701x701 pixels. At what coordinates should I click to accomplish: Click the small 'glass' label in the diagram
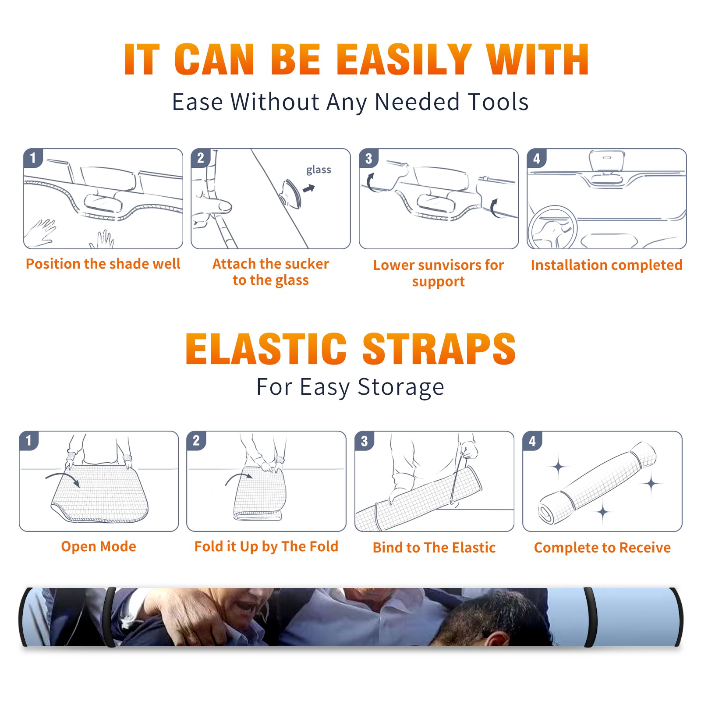pos(319,170)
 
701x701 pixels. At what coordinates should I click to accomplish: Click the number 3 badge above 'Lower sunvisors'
pos(369,158)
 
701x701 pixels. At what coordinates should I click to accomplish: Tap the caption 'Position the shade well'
pos(103,264)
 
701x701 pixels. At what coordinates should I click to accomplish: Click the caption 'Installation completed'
pos(606,265)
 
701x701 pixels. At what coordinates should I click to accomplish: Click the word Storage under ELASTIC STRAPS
pos(401,387)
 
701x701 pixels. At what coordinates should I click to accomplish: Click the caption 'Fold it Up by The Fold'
pos(266,546)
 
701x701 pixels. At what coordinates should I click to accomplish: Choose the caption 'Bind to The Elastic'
pos(434,547)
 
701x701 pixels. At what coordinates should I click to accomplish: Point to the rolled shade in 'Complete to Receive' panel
pos(597,483)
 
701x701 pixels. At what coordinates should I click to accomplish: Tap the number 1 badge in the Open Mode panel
pos(29,441)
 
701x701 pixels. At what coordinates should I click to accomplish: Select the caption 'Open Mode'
pos(99,546)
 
